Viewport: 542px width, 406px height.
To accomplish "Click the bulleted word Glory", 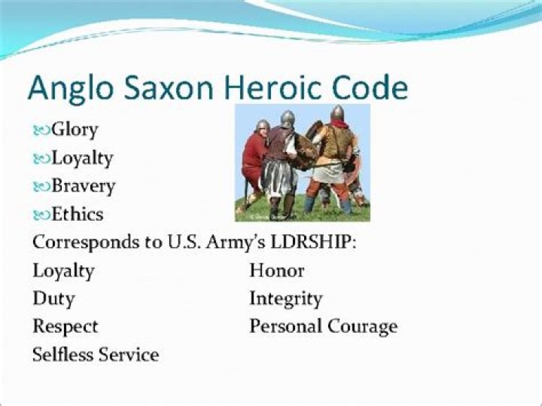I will click(x=75, y=130).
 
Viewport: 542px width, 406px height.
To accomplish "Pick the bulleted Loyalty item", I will click(x=82, y=158).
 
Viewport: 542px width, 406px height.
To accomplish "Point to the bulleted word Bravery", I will click(x=83, y=186).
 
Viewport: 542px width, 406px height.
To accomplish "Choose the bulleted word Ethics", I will click(x=77, y=214).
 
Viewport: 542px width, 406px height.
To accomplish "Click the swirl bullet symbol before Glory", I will click(x=41, y=130).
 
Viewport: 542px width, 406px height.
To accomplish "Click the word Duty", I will click(x=53, y=298).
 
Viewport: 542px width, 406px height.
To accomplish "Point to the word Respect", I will click(x=65, y=327).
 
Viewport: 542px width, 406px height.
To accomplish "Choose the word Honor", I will click(x=276, y=270).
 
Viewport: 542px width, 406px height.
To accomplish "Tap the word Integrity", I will click(x=285, y=299).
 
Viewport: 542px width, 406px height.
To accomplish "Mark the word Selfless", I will click(x=60, y=355).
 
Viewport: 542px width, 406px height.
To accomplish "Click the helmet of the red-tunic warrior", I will click(x=262, y=126).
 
